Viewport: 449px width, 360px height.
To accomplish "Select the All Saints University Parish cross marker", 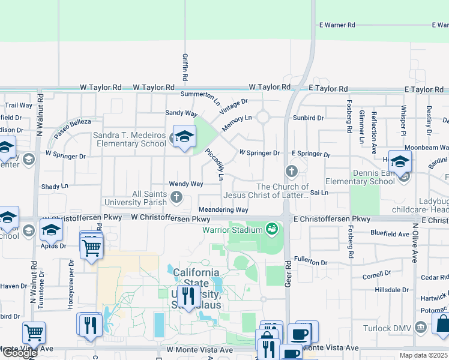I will [176, 197].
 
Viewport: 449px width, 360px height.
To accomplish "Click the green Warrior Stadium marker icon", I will [272, 229].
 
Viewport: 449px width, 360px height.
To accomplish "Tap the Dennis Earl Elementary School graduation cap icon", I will [400, 162].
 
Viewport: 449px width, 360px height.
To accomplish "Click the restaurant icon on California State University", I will [188, 297].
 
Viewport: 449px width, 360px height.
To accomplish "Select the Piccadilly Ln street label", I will [214, 165].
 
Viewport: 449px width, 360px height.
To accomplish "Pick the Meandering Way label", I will [223, 210].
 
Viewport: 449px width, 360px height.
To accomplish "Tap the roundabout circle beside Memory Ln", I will [263, 117].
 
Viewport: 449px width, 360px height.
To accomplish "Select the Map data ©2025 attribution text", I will [423, 355].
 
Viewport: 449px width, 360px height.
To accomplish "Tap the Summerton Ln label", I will [200, 95].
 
